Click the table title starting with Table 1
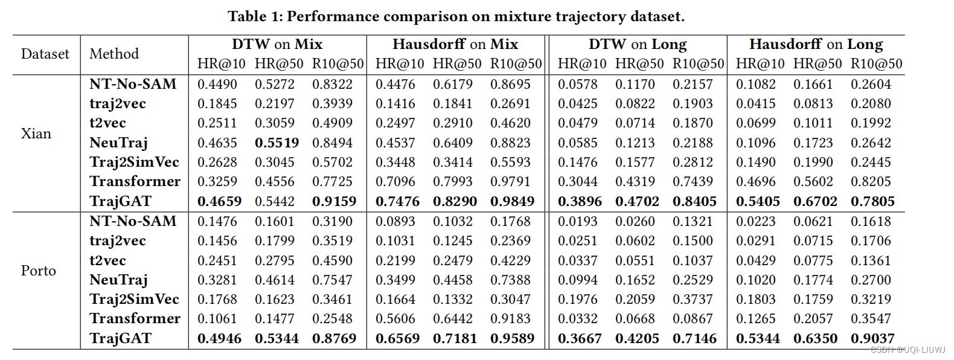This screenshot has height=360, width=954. click(456, 16)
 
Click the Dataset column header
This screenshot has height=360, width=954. click(45, 54)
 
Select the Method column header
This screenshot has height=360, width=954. click(114, 54)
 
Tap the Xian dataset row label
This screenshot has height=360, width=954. click(36, 133)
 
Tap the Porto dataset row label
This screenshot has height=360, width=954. click(38, 271)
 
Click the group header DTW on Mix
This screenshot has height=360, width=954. click(277, 44)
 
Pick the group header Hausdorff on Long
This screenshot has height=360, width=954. click(816, 44)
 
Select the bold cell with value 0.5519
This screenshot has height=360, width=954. click(277, 143)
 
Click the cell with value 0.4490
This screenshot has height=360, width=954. click(217, 84)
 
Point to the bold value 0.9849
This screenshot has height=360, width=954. click(512, 201)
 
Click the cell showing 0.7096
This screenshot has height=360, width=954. click(395, 181)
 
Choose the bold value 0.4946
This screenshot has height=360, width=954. click(219, 338)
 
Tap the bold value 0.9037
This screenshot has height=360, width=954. click(872, 338)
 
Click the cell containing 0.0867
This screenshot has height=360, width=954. click(693, 318)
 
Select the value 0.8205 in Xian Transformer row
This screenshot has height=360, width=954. click(871, 181)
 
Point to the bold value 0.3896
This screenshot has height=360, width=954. click(580, 201)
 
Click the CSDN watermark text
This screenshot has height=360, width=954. click(908, 350)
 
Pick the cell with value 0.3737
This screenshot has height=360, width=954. click(693, 299)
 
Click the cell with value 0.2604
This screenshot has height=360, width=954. click(871, 84)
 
